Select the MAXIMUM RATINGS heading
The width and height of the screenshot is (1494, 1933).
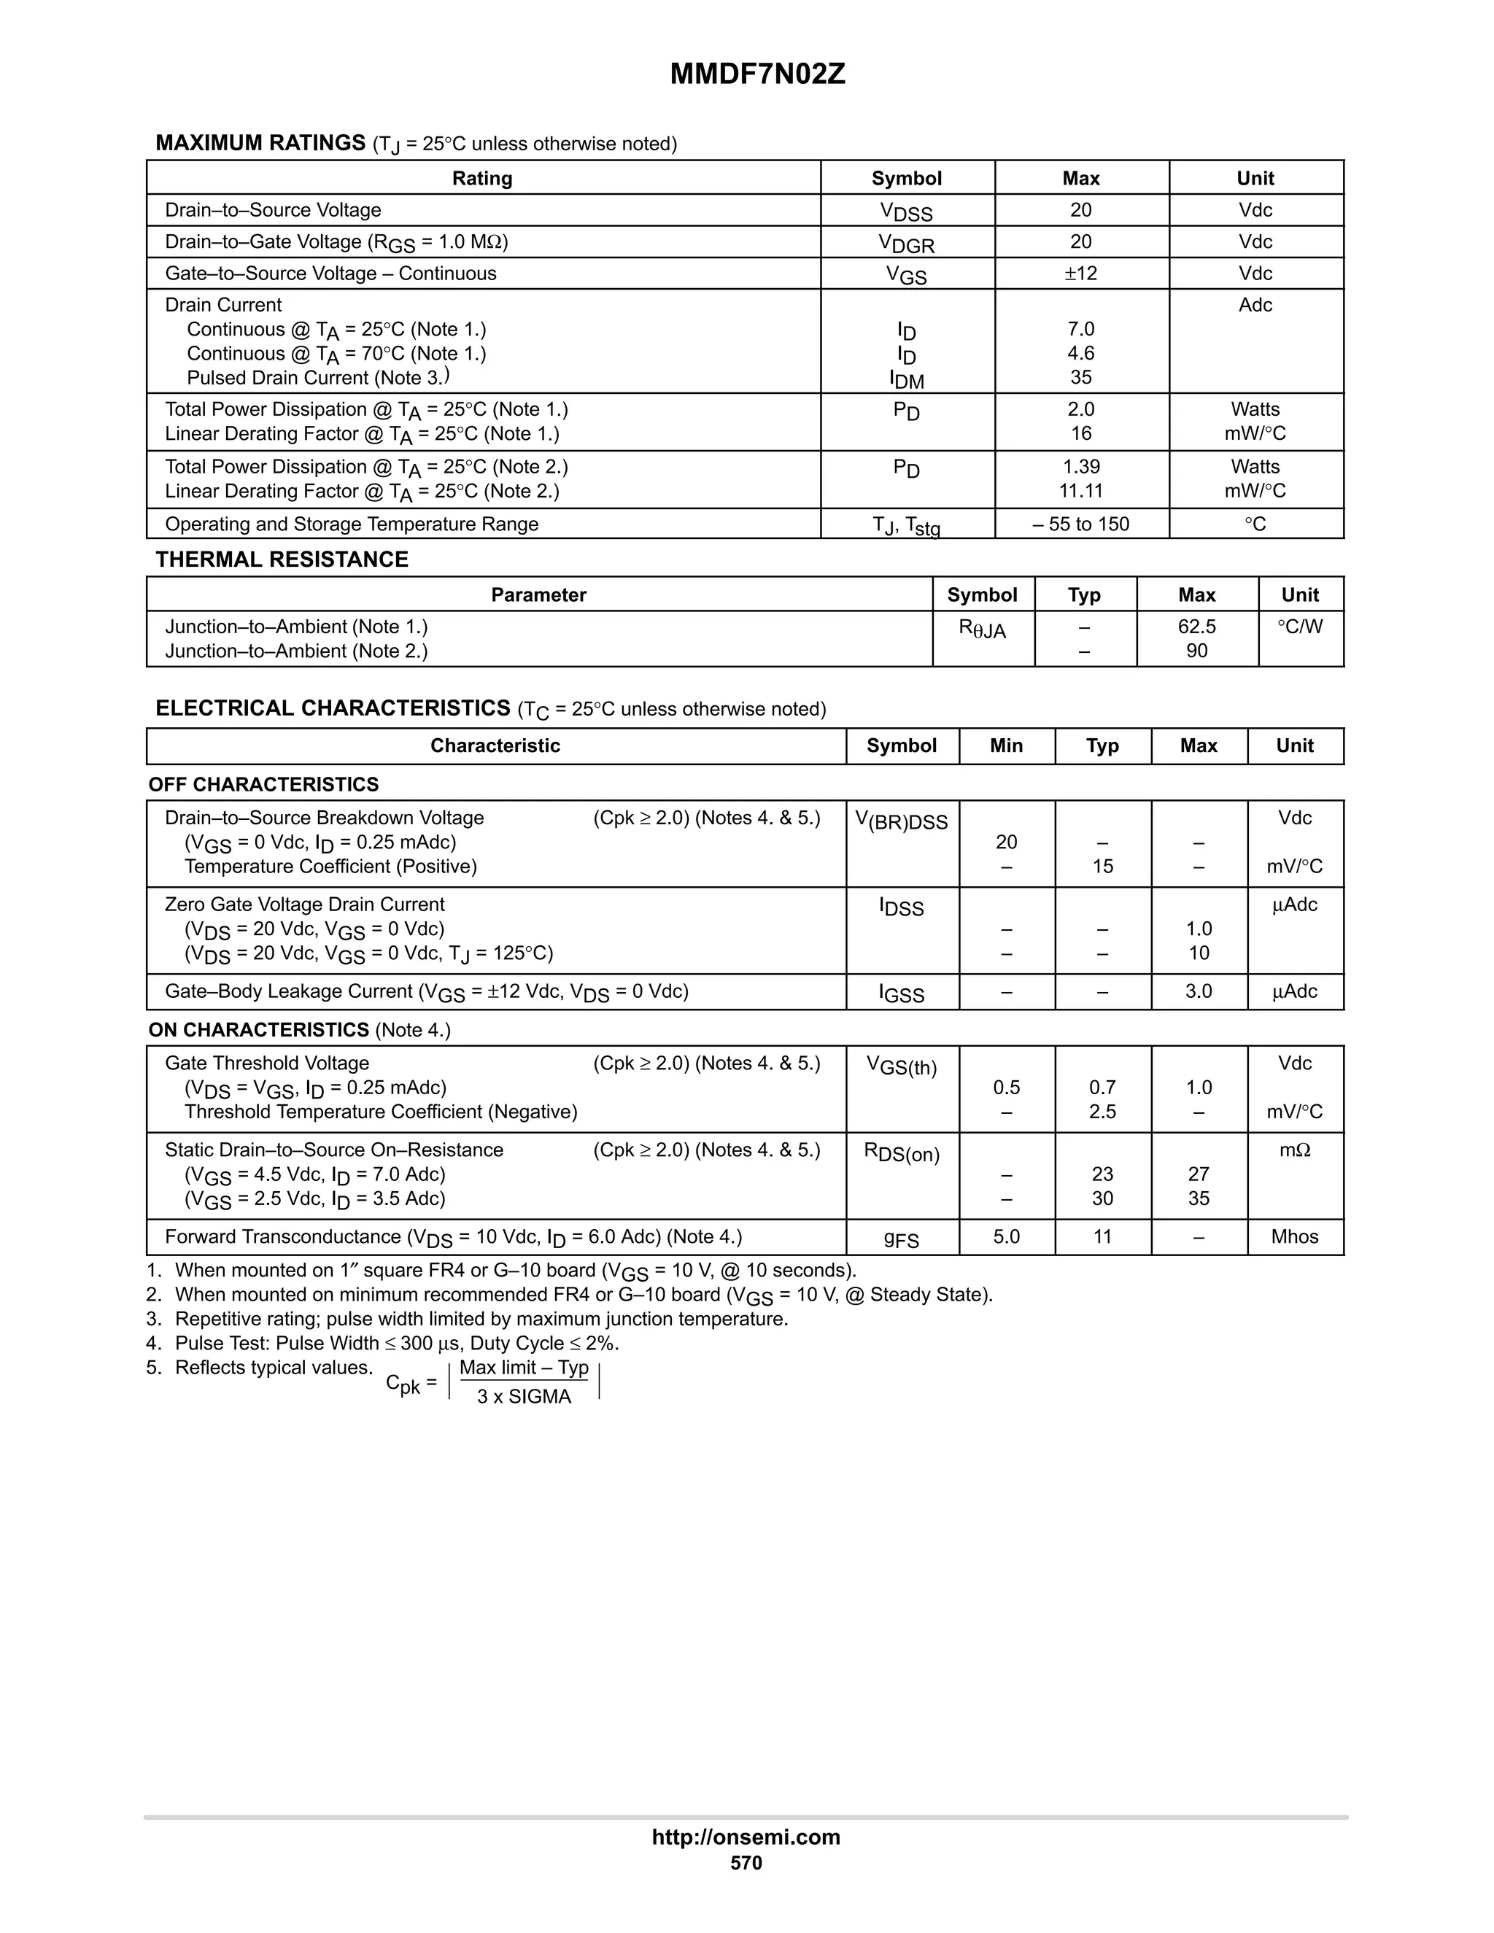260,144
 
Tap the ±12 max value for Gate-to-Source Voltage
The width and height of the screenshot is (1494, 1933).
1080,274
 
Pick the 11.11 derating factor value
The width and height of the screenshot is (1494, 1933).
1080,491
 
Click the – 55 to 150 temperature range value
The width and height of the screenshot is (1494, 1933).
1080,524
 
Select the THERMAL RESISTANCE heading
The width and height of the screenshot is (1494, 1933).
282,560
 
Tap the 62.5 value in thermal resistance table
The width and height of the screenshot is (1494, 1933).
1196,627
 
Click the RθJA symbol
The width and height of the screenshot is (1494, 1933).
982,630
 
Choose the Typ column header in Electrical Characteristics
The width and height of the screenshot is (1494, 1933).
1102,746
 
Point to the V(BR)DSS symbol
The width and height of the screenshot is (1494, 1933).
901,821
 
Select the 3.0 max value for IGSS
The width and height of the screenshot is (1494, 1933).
1199,991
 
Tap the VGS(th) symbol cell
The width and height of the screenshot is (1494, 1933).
901,1066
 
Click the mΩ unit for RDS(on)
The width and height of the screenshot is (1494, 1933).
1295,1150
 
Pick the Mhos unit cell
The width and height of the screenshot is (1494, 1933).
1295,1237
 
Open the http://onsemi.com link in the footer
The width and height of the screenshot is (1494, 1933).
746,1837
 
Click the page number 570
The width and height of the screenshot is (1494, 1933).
746,1863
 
